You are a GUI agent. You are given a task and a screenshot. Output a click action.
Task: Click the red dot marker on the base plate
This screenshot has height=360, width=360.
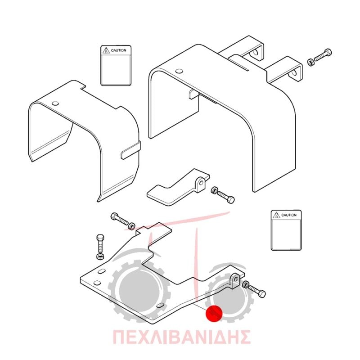214,314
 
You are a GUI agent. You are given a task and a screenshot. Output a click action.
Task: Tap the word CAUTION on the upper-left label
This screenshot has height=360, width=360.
118,50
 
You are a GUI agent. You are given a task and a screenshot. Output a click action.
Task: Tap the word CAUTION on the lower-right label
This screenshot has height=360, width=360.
289,215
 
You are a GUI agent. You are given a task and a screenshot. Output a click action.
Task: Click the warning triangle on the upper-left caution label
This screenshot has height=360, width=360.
106,50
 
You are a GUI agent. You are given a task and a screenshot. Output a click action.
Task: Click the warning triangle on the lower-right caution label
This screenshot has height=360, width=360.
276,215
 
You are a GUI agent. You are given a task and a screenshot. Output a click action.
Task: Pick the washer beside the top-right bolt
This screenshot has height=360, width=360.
310,62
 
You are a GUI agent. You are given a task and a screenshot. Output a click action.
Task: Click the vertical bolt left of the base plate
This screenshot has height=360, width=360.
100,243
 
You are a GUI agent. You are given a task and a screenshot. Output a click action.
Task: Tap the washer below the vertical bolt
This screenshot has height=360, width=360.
100,256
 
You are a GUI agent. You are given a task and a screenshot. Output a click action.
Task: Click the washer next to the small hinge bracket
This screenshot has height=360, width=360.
214,190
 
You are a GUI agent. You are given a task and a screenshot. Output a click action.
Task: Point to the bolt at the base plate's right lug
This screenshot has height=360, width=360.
257,291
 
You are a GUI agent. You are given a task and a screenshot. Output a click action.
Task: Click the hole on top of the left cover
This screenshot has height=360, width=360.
55,103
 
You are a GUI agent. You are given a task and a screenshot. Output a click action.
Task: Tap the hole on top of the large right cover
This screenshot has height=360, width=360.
179,71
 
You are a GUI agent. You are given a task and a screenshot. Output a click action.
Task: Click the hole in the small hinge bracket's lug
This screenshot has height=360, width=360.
201,183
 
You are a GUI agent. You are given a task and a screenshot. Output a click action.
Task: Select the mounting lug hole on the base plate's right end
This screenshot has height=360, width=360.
235,279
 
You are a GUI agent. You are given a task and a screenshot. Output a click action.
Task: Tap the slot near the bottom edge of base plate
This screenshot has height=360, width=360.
160,306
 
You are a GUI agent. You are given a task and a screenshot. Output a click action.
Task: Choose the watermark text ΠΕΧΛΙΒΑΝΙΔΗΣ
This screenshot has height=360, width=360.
181,337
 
